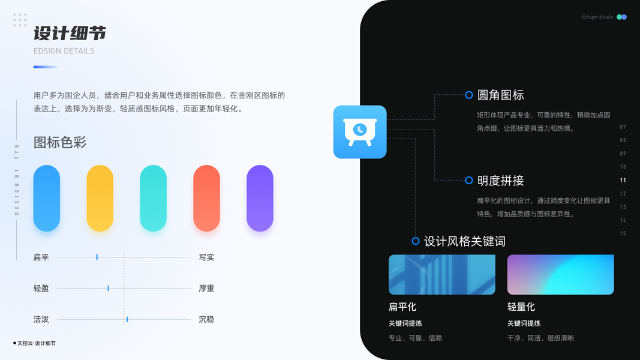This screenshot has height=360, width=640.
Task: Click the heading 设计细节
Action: click(x=70, y=33)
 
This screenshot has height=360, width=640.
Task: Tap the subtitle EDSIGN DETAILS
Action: click(x=64, y=51)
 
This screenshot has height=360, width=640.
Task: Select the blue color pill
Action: click(x=47, y=198)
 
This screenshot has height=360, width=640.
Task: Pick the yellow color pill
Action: click(x=100, y=198)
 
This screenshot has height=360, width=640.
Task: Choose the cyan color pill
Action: click(x=153, y=198)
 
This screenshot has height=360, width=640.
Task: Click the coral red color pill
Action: click(x=206, y=198)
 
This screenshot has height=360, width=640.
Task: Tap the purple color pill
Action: click(x=260, y=198)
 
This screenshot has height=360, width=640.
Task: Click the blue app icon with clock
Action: click(x=360, y=132)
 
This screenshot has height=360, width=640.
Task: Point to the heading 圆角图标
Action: click(x=501, y=95)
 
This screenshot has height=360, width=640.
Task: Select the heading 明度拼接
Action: click(x=501, y=180)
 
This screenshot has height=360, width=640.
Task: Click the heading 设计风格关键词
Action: click(x=465, y=241)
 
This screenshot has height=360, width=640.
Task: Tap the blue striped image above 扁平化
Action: click(x=442, y=274)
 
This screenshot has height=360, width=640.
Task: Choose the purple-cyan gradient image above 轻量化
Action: click(x=560, y=274)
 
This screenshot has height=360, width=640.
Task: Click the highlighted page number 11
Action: click(x=623, y=180)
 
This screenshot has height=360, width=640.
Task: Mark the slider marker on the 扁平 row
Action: click(x=97, y=257)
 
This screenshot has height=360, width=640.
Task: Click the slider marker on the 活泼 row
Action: click(x=127, y=319)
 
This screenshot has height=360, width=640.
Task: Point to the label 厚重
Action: click(x=206, y=288)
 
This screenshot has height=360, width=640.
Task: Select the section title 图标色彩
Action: click(x=60, y=142)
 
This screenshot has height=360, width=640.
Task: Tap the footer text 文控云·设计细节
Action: click(x=37, y=343)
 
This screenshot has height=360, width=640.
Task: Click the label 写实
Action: click(x=206, y=257)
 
